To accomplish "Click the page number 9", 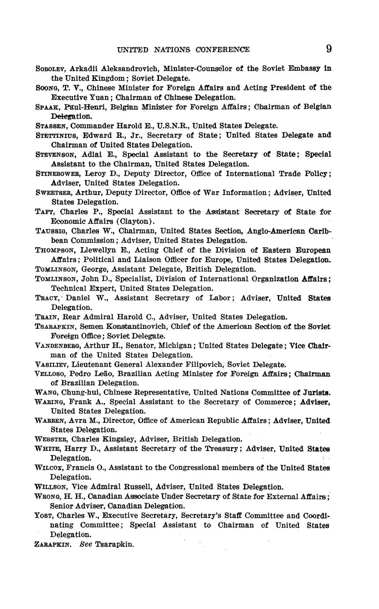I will click(x=329, y=49).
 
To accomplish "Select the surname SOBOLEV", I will click(x=50, y=69).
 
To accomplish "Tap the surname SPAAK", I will click(x=47, y=107).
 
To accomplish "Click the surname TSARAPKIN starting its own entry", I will click(x=56, y=327).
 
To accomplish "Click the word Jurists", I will click(x=315, y=392).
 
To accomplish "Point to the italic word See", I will click(x=85, y=545).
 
